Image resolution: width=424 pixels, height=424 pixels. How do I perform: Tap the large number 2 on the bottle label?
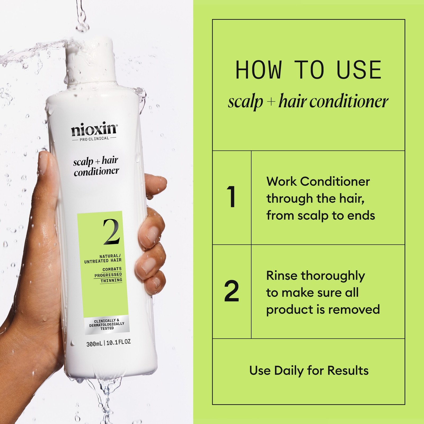(112, 232)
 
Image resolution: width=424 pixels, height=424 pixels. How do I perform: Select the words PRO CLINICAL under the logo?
(94, 139)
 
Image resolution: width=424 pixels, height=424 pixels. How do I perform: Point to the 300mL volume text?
(94, 344)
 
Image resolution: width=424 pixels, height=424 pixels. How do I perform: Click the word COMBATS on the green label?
(112, 269)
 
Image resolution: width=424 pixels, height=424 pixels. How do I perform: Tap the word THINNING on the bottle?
(111, 280)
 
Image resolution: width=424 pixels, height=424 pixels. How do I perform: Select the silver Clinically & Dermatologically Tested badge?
(107, 324)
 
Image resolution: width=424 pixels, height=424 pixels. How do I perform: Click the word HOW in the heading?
(258, 70)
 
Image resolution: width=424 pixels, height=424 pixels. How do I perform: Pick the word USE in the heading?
(359, 70)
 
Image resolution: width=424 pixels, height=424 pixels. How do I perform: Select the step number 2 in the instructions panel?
(232, 291)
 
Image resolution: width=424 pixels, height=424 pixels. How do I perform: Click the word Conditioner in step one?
(335, 182)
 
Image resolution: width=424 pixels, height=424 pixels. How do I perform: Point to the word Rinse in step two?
(281, 276)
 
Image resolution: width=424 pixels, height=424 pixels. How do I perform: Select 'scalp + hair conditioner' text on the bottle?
(96, 166)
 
